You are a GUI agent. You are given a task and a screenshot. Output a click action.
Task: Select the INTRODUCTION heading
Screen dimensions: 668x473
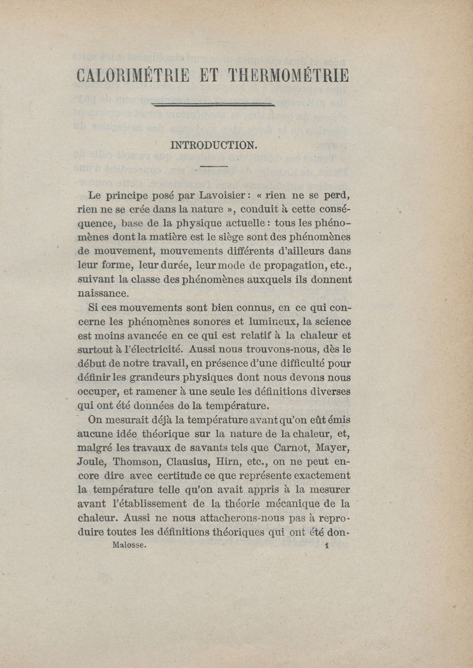[213, 145]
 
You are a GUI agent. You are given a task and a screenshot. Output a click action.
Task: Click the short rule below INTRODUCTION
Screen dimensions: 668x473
[213, 167]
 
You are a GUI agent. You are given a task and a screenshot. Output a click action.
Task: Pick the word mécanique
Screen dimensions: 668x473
[300, 504]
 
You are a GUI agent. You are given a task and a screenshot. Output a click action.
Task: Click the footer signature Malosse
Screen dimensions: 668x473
[128, 546]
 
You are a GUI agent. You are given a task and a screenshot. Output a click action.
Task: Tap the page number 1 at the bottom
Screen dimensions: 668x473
[326, 546]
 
